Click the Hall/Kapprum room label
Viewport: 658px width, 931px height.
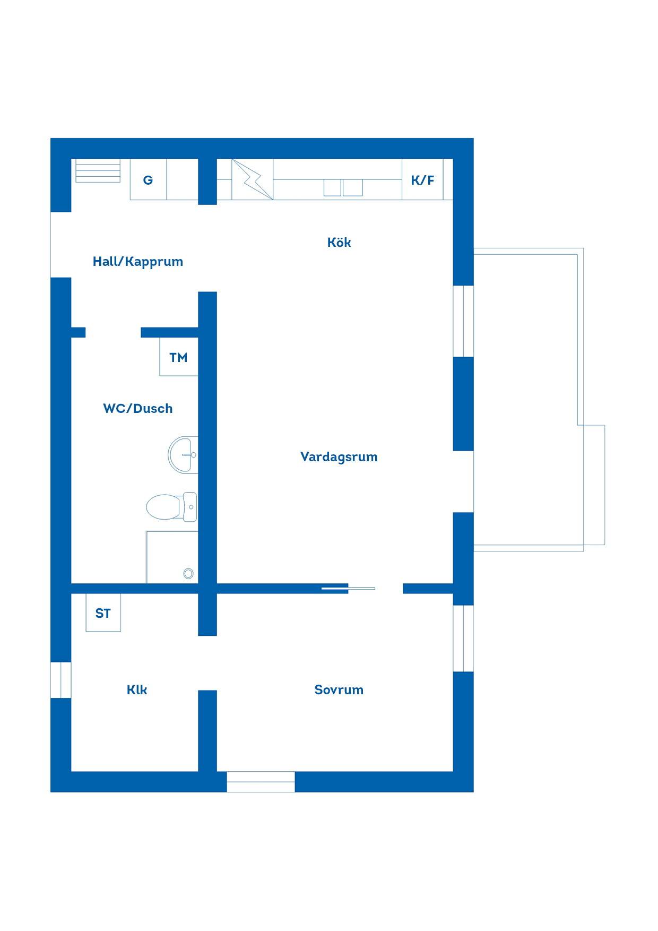click(x=138, y=262)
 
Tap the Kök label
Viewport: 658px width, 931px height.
click(x=339, y=242)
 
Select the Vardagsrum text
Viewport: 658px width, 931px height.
click(x=339, y=457)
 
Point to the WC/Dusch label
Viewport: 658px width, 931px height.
click(x=138, y=408)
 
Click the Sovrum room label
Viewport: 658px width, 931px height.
click(x=339, y=690)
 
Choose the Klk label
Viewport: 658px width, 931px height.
click(x=137, y=690)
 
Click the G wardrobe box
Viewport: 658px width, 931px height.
click(x=149, y=179)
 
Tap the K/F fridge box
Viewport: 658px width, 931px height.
click(x=422, y=179)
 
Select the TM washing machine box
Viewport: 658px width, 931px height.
click(x=179, y=357)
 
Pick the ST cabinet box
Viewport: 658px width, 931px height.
click(x=103, y=613)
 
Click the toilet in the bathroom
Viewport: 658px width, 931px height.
click(x=171, y=507)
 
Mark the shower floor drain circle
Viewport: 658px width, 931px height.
click(x=188, y=573)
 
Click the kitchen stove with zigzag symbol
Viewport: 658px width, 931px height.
click(x=253, y=179)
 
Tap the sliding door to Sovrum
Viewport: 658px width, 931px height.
click(x=349, y=588)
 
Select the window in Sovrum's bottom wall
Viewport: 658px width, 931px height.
click(x=261, y=782)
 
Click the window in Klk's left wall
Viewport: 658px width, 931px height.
click(x=61, y=680)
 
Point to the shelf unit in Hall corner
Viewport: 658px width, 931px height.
click(x=98, y=171)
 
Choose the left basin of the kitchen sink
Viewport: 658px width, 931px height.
click(x=332, y=188)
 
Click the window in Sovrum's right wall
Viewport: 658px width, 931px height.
click(x=463, y=639)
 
